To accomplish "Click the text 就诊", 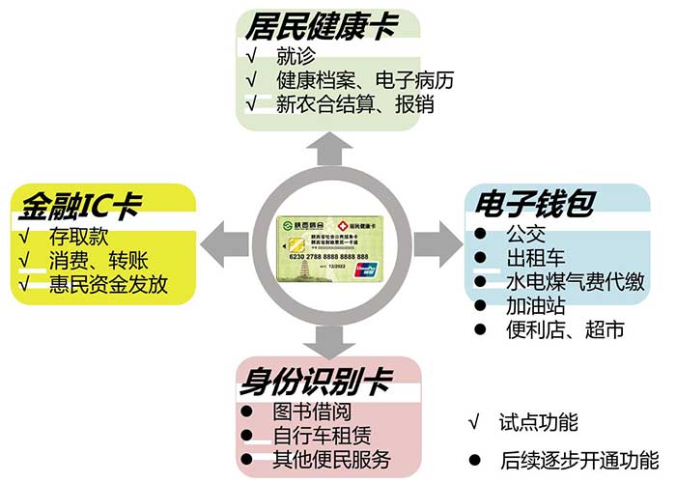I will coord(296,56).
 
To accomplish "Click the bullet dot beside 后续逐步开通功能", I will coord(473,458).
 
